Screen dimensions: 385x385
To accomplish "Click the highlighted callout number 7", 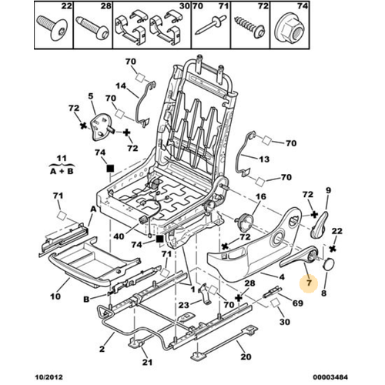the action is point(309,283).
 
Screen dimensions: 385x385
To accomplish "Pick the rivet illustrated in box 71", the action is point(210,25).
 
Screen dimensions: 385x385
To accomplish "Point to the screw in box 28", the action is point(92,28).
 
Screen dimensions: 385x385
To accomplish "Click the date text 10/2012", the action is point(49,377).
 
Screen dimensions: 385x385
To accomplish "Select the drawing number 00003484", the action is point(330,377).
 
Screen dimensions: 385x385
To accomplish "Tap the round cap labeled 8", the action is point(329,264).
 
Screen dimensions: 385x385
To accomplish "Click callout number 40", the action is point(119,236).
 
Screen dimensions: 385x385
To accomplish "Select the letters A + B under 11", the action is point(62,171).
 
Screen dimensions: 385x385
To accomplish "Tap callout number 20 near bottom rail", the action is point(246,357).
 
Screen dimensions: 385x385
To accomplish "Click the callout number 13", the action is point(264,159).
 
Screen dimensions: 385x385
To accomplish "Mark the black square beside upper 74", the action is point(110,169).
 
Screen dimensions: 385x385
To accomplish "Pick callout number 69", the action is point(298,303).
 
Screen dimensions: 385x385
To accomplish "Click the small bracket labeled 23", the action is point(204,293).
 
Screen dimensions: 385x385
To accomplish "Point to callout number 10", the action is point(55,296).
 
